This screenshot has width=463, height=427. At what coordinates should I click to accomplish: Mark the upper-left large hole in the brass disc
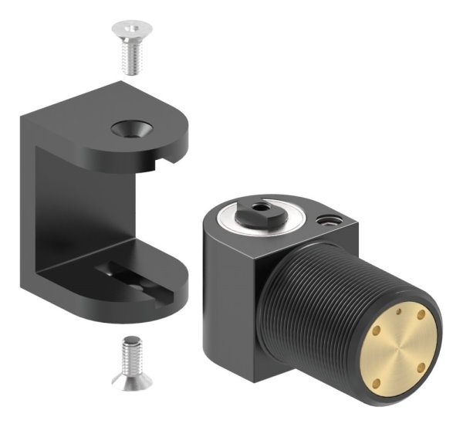point(377,330)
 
